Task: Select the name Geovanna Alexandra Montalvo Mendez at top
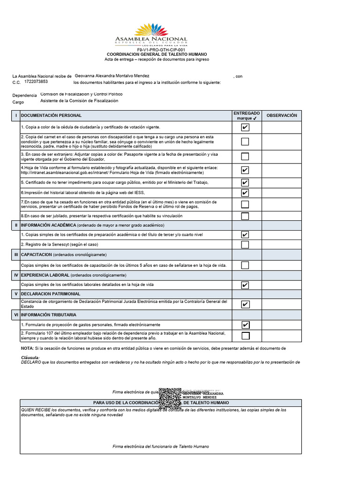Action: click(x=112, y=76)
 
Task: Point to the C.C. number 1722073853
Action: click(x=36, y=82)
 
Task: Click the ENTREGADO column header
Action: click(x=247, y=116)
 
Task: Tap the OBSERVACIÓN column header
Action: click(x=282, y=115)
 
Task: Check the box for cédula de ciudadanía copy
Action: click(x=245, y=127)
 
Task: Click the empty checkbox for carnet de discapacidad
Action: click(x=245, y=142)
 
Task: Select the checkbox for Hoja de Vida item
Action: click(x=245, y=170)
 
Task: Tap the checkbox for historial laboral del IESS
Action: click(x=245, y=193)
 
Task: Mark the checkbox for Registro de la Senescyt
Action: click(x=245, y=245)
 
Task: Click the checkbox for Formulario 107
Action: click(x=245, y=336)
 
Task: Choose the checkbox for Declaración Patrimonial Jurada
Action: click(x=245, y=304)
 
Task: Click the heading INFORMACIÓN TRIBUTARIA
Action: click(x=49, y=315)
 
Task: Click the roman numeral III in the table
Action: click(x=16, y=255)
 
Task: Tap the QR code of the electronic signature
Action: click(x=170, y=398)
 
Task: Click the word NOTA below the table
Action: click(x=27, y=349)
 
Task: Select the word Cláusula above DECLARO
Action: click(x=30, y=358)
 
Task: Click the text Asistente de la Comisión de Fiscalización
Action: click(x=79, y=101)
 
